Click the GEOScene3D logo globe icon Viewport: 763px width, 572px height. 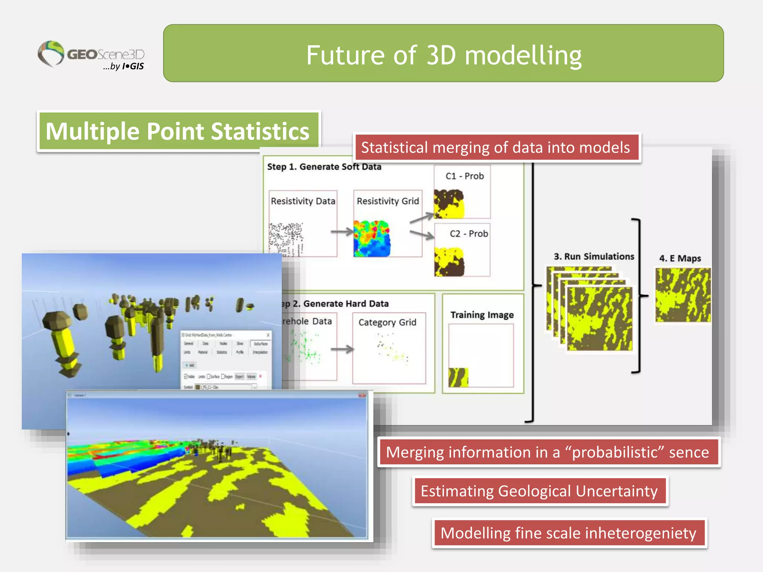[x=51, y=53]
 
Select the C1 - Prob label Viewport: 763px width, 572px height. [x=464, y=176]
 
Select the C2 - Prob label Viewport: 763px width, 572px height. [x=468, y=234]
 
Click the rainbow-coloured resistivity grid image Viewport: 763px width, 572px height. [x=372, y=239]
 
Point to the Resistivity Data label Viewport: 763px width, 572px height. [x=303, y=201]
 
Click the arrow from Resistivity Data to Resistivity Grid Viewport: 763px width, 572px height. [x=342, y=232]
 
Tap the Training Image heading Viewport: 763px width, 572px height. [x=482, y=315]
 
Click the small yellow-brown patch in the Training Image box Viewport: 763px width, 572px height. [x=458, y=377]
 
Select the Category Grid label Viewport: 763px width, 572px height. [x=387, y=322]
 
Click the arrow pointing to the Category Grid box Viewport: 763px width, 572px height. [x=342, y=349]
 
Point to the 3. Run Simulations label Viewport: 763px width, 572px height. [x=593, y=257]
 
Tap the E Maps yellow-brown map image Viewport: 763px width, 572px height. [x=683, y=295]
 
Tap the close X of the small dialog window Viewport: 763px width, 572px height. [x=268, y=335]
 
